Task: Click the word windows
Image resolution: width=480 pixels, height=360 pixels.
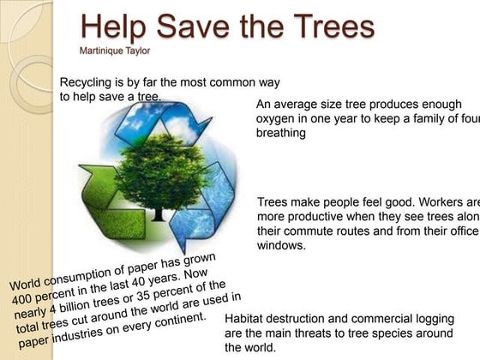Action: (281, 245)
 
